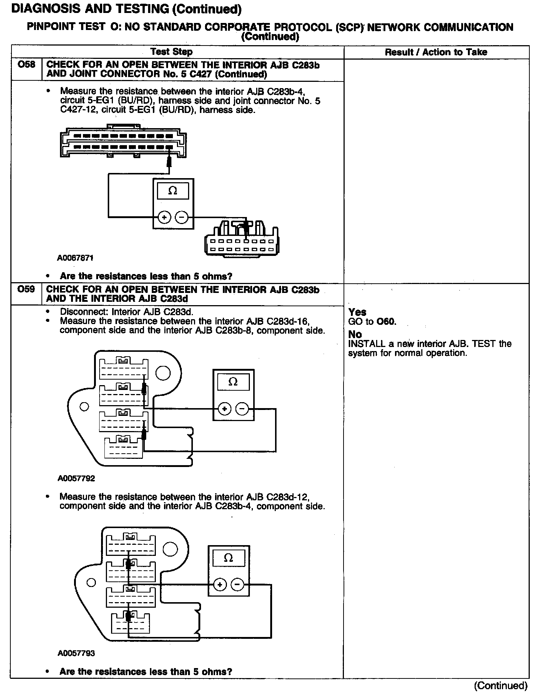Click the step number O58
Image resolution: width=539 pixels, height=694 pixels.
pos(27,65)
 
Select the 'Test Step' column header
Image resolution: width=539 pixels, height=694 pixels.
pos(171,52)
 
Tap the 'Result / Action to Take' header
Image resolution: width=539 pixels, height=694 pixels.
pos(436,52)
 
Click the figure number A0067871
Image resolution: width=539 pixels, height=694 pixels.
pos(75,258)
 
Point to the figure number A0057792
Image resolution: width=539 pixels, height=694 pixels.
pos(76,478)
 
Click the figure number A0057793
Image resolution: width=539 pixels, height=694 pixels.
pos(76,653)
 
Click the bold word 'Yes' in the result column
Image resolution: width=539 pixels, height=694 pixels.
pos(357,312)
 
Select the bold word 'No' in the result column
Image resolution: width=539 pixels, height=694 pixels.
pos(355,334)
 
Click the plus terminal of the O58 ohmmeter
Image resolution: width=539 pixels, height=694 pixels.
pos(164,217)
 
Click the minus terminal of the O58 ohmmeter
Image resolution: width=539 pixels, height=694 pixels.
pos(181,217)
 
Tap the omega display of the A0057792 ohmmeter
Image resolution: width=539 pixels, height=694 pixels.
pos(233,382)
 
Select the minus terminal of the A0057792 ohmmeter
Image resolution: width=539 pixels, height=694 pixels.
pos(242,409)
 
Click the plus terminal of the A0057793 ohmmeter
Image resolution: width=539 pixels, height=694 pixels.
pos(220,585)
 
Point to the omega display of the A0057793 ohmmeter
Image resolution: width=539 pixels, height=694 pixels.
pos(228,558)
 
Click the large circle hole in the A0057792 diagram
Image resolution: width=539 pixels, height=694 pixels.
pos(163,373)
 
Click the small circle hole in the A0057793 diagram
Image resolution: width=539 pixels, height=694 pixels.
pos(91,583)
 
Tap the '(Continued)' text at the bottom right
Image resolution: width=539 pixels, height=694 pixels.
pos(500,685)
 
